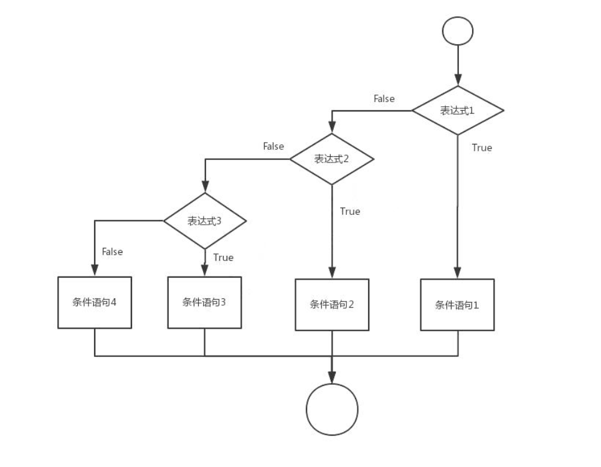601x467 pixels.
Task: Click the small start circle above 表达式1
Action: click(457, 31)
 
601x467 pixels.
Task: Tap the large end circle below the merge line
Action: click(332, 409)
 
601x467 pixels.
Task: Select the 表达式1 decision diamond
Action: click(458, 110)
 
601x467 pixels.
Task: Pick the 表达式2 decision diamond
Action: click(331, 159)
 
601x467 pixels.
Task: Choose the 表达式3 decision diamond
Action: click(205, 220)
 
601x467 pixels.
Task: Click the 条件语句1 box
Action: click(457, 304)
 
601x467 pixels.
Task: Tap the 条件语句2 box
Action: click(332, 304)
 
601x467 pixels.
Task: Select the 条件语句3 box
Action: click(204, 302)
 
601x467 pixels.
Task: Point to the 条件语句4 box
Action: click(95, 302)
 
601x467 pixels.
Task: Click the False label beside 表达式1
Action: click(384, 98)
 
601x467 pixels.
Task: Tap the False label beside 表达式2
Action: click(273, 146)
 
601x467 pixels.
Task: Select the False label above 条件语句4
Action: click(112, 252)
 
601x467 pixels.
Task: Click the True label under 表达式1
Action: click(481, 148)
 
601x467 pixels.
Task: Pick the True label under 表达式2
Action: click(349, 211)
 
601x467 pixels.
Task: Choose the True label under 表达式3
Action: click(223, 257)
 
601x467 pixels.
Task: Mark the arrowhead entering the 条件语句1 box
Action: click(458, 273)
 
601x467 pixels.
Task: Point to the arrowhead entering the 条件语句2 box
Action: click(332, 273)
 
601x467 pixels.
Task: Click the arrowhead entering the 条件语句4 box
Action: click(95, 271)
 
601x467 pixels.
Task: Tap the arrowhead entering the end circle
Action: click(332, 378)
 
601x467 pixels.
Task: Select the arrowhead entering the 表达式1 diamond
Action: click(458, 80)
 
